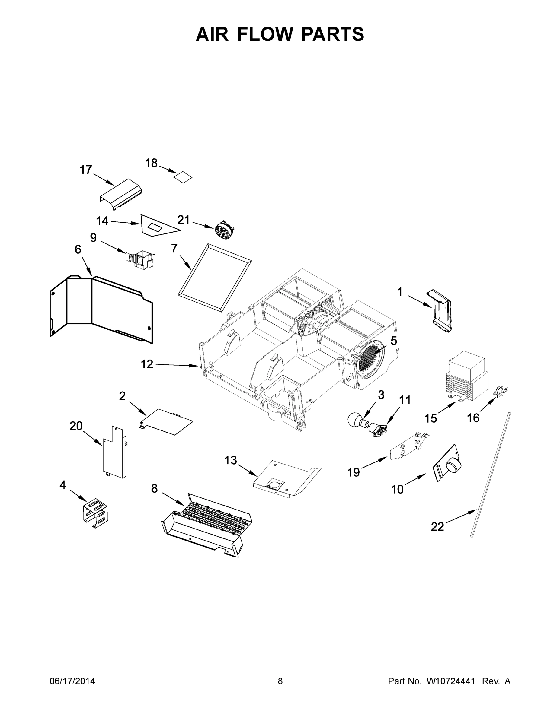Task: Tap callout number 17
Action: (x=86, y=170)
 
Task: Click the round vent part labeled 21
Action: (x=223, y=229)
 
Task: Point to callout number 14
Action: (x=102, y=221)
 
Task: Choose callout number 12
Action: (x=147, y=364)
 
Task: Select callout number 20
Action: (x=76, y=426)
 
